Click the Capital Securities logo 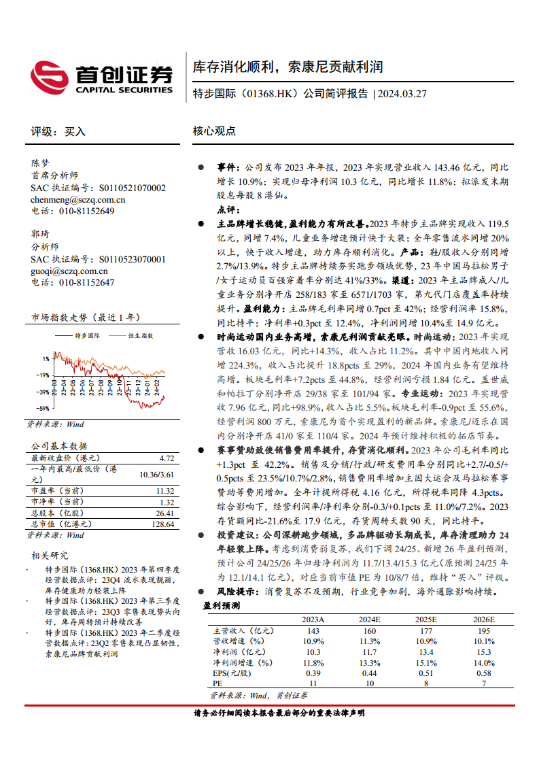pyautogui.click(x=102, y=78)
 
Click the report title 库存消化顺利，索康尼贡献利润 pyautogui.click(x=288, y=67)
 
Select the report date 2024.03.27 pyautogui.click(x=403, y=94)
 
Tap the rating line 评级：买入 pyautogui.click(x=59, y=131)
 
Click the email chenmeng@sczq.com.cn pyautogui.click(x=78, y=199)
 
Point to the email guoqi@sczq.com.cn pyautogui.click(x=70, y=270)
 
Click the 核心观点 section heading pyautogui.click(x=214, y=131)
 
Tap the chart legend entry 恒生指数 pyautogui.click(x=141, y=335)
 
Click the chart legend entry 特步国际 pyautogui.click(x=87, y=335)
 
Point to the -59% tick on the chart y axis pyautogui.click(x=42, y=408)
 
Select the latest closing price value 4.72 pyautogui.click(x=166, y=458)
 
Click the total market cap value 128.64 pyautogui.click(x=162, y=524)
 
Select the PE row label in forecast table pyautogui.click(x=218, y=683)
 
